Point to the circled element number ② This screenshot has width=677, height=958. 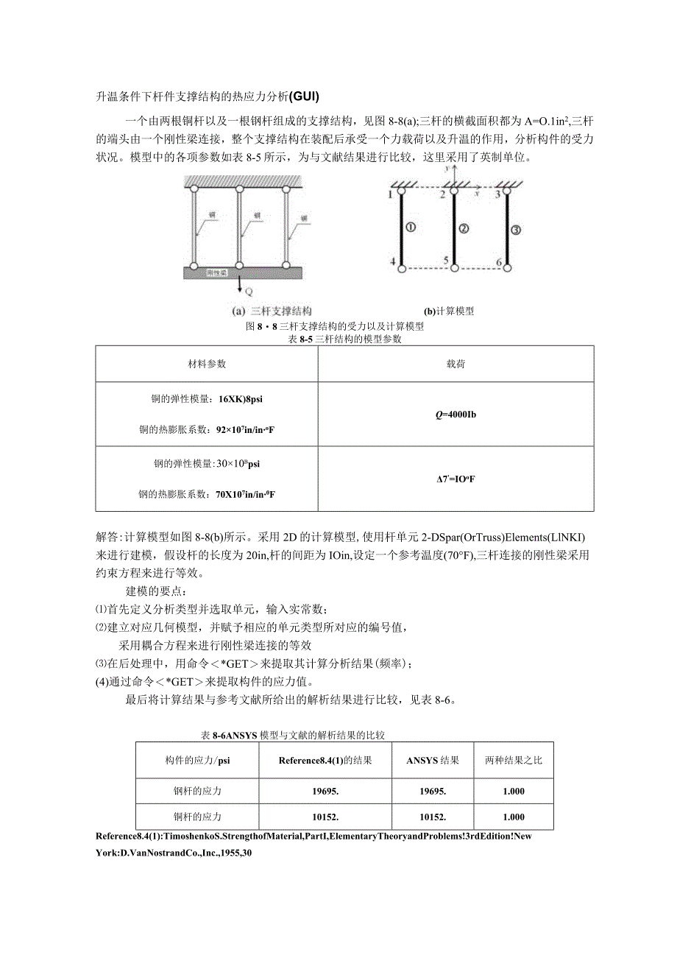pyautogui.click(x=464, y=228)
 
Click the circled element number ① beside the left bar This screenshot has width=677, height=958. pyautogui.click(x=411, y=228)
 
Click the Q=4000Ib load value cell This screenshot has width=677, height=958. pyautogui.click(x=456, y=414)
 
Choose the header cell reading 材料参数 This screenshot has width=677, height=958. pyautogui.click(x=206, y=364)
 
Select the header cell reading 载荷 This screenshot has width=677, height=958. pyautogui.click(x=456, y=364)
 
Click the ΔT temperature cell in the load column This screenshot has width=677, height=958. pyautogui.click(x=456, y=479)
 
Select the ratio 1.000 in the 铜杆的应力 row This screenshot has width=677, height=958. pyautogui.click(x=514, y=817)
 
